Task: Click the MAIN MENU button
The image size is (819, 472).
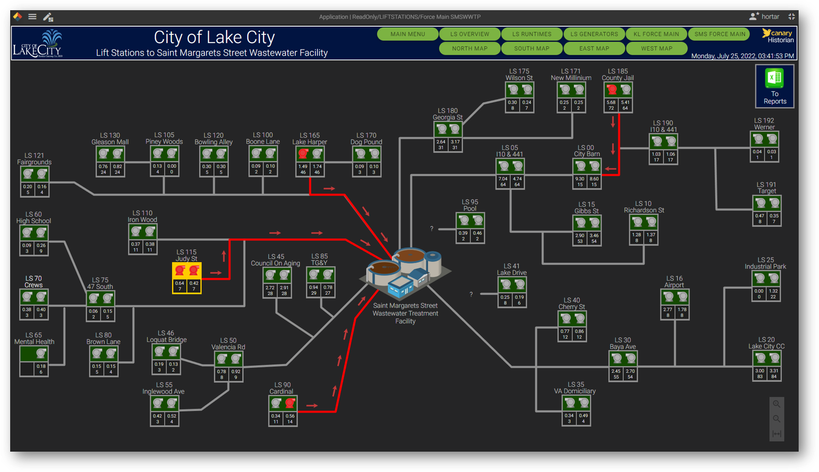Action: [408, 34]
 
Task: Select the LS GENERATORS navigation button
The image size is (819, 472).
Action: [594, 34]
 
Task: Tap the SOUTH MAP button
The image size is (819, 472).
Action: [532, 48]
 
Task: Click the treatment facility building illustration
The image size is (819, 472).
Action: [405, 271]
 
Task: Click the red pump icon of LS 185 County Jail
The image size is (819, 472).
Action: [612, 90]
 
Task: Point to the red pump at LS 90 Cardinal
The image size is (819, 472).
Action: [290, 403]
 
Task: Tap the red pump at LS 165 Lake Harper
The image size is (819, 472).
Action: [303, 154]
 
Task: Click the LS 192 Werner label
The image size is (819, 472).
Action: [764, 124]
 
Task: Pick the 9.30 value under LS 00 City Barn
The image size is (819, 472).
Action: [580, 179]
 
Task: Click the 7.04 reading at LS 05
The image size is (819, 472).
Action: [503, 179]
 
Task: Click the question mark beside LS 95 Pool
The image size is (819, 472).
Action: [432, 229]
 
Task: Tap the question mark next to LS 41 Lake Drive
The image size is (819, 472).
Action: [471, 294]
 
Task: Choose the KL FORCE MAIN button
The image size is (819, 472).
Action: [656, 34]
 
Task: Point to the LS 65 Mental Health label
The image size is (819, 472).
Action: [34, 338]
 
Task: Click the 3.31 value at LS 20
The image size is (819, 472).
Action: [774, 371]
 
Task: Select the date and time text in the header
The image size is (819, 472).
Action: [742, 56]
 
